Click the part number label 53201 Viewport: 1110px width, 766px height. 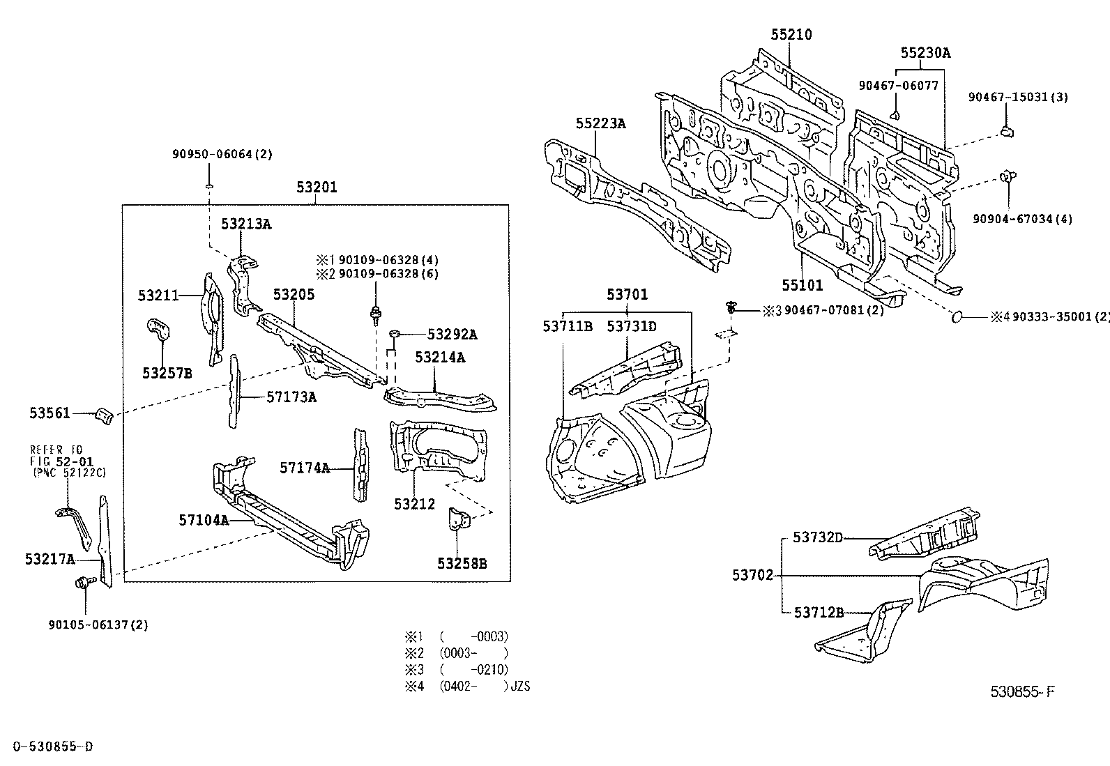[317, 187]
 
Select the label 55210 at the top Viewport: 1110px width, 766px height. [791, 35]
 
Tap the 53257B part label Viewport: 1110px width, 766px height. [167, 374]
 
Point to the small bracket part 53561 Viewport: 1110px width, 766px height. [103, 415]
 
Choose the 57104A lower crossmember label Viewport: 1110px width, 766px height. [204, 519]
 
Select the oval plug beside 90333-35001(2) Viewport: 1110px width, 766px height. [957, 318]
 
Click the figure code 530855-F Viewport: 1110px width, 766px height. [1023, 692]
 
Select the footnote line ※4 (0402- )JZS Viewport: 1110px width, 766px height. [467, 687]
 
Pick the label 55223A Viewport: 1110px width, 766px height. [600, 124]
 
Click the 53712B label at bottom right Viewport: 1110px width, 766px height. [819, 613]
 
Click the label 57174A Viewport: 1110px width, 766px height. [305, 468]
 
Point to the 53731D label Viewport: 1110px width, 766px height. [631, 326]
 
